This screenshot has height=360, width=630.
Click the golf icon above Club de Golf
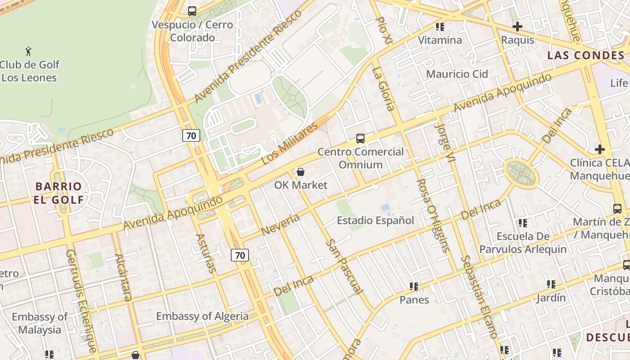click(x=29, y=50)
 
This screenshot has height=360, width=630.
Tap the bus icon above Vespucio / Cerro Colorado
click(x=192, y=11)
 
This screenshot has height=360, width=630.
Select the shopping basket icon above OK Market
click(x=301, y=172)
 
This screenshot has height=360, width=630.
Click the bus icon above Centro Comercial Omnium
click(x=360, y=139)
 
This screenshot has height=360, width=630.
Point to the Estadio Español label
click(x=375, y=220)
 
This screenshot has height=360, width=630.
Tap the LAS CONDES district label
click(x=586, y=55)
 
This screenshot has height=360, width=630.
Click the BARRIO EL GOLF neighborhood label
click(x=58, y=193)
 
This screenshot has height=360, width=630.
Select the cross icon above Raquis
click(x=517, y=27)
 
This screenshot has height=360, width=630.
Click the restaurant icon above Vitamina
click(x=440, y=27)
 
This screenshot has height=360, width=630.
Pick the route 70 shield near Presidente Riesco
click(x=191, y=135)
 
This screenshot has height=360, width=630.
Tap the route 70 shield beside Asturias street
click(x=240, y=255)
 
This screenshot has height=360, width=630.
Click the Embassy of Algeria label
click(x=202, y=316)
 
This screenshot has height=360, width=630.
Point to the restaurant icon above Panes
click(x=414, y=287)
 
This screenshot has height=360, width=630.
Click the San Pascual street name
click(x=345, y=266)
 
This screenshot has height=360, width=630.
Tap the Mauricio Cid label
click(x=457, y=74)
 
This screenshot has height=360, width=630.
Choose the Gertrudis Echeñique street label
click(x=81, y=301)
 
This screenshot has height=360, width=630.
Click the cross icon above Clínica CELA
click(x=599, y=149)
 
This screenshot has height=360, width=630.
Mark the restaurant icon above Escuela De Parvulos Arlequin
click(x=522, y=223)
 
